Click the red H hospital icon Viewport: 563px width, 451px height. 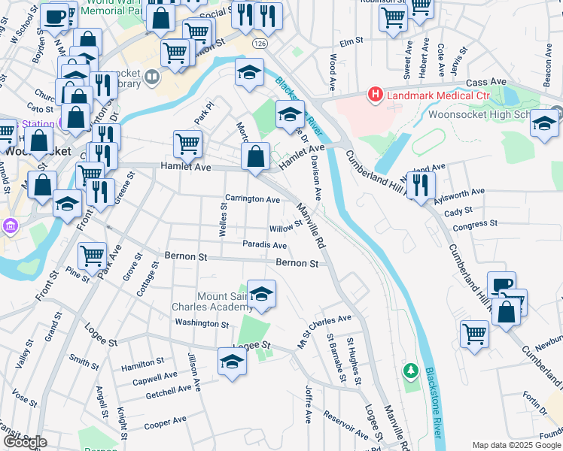[x=374, y=95]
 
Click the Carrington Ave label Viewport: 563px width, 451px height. [x=253, y=199]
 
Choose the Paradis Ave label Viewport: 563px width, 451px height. [x=264, y=245]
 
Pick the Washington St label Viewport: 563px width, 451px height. [x=202, y=324]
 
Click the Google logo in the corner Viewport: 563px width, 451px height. [x=25, y=442]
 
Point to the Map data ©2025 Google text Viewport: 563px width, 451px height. [x=516, y=445]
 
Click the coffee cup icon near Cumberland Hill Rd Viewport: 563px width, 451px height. [x=501, y=285]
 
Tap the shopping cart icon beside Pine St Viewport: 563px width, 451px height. [x=92, y=254]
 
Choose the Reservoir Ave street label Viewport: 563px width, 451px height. [x=346, y=424]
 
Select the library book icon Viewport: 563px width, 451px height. [x=151, y=77]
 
